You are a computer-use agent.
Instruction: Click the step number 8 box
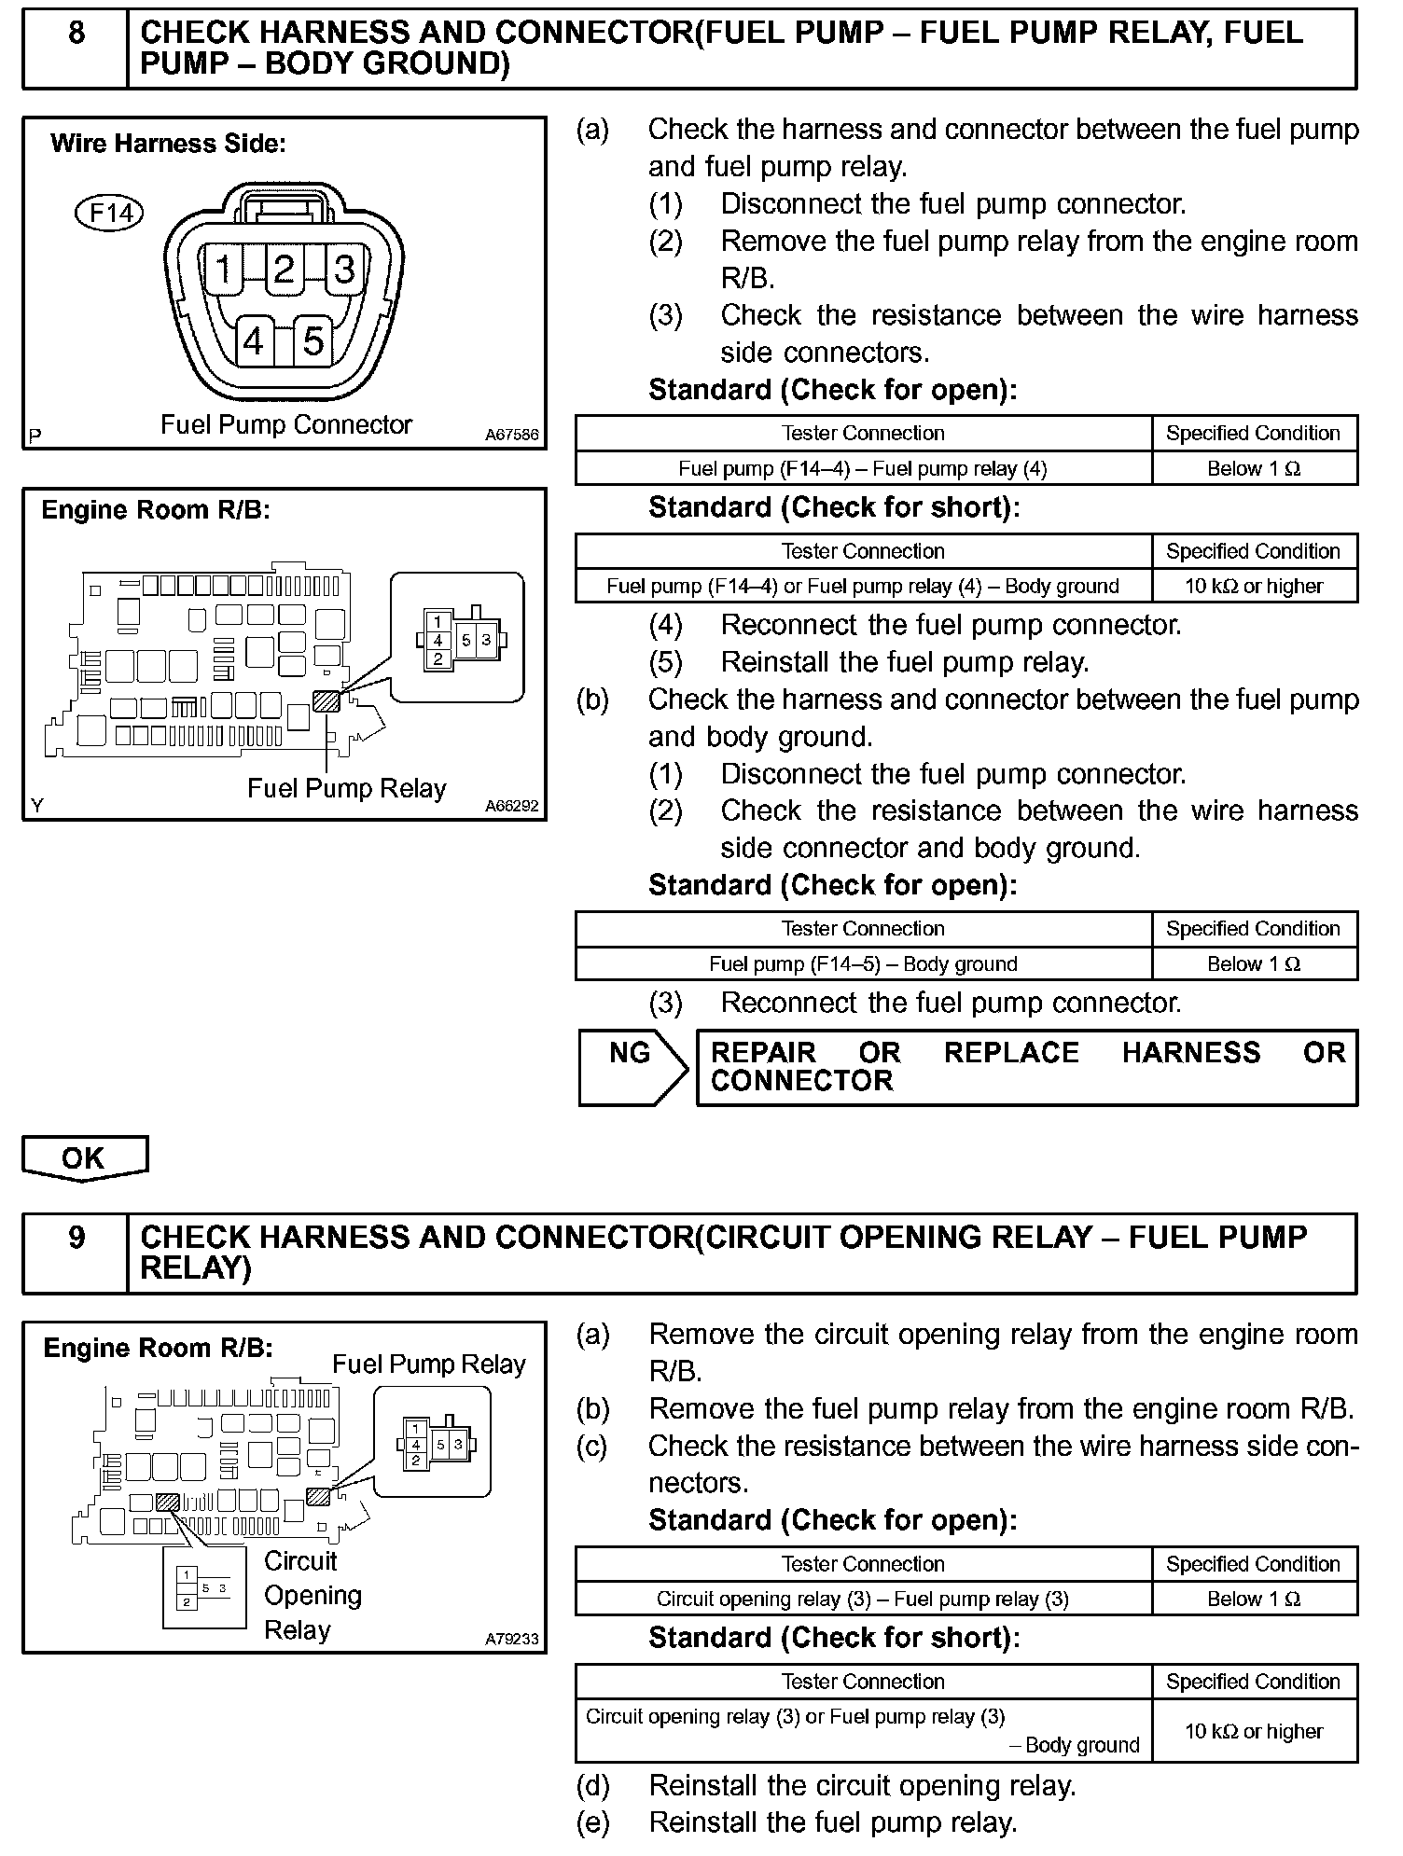pos(76,48)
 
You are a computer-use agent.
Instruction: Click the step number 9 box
pos(76,1253)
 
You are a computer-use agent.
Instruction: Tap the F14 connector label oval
pos(109,214)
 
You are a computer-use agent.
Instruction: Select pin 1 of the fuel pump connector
pos(224,270)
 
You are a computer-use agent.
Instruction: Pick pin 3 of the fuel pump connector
pos(344,270)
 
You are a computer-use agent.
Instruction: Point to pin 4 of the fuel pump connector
pos(254,342)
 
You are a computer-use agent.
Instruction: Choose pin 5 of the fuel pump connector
pos(313,342)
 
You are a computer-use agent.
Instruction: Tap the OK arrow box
pos(84,1157)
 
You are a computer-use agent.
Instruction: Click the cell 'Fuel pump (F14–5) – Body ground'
pos(863,963)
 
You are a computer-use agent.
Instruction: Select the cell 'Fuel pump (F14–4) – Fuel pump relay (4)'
pos(863,468)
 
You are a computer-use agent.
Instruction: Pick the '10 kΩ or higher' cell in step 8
pos(1254,586)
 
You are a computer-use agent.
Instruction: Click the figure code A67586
pos(511,435)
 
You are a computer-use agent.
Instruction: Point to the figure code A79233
pos(511,1639)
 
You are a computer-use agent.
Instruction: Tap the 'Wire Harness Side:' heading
pos(168,144)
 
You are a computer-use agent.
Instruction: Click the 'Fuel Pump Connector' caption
pos(285,425)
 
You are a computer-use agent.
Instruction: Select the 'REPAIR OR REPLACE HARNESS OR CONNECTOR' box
pos(1026,1067)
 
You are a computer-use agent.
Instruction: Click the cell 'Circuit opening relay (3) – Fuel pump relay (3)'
pos(863,1599)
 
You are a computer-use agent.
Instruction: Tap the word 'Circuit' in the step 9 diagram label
pos(300,1561)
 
